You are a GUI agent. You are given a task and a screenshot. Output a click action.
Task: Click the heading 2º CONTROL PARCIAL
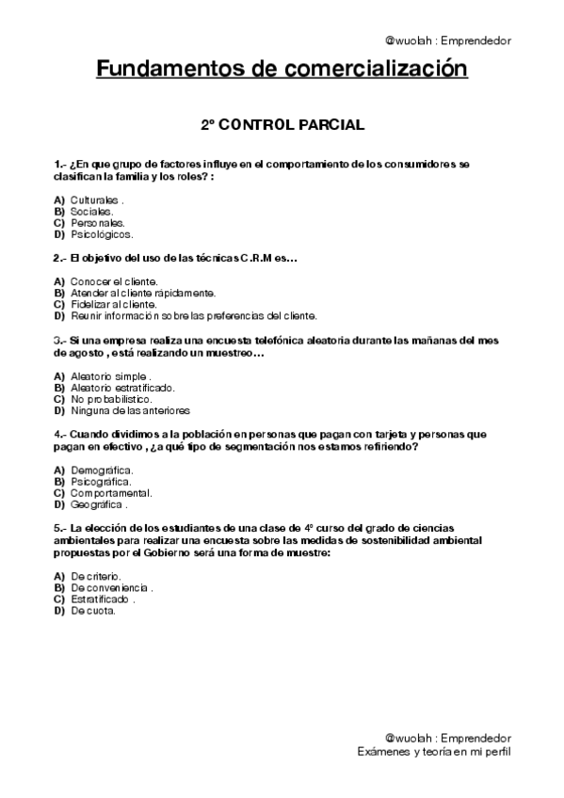pos(282,123)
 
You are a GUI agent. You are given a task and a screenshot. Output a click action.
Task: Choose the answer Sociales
pos(91,212)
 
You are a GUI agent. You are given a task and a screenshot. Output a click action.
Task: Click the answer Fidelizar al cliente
pos(113,304)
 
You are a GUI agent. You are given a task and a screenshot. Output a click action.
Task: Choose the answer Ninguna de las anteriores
pos(130,410)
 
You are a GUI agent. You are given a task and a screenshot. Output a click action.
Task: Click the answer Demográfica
pos(101,470)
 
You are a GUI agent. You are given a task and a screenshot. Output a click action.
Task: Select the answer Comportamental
pos(111,492)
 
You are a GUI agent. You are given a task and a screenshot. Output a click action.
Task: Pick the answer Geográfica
pos(99,504)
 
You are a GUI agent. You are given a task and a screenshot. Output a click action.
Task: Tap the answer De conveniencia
pos(111,587)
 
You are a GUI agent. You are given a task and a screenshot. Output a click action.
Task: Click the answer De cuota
pos(93,610)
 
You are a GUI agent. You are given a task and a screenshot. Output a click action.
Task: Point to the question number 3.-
pos(60,341)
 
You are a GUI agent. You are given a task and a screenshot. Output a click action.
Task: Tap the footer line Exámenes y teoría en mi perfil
pos(434,752)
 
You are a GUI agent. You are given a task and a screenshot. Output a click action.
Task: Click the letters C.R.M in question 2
pos(235,258)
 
